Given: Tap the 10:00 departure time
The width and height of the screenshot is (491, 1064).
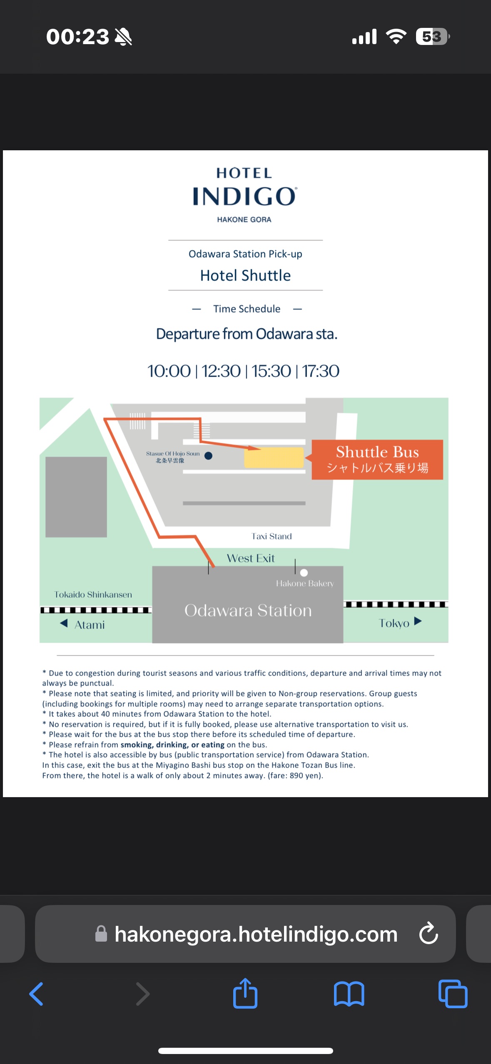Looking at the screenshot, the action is click(x=169, y=371).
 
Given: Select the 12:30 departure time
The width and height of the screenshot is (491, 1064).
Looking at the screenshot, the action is click(x=221, y=371).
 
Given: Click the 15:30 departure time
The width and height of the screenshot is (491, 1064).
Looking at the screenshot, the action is click(x=271, y=371).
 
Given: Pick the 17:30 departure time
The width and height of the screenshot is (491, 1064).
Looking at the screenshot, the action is click(x=320, y=371).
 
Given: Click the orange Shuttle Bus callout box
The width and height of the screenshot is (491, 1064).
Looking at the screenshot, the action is click(x=377, y=460).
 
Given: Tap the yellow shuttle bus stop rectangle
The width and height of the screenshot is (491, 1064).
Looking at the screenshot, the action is click(x=274, y=457).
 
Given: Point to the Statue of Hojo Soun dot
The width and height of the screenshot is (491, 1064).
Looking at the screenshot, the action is click(x=209, y=456).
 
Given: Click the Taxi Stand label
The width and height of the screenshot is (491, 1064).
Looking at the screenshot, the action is click(x=272, y=536).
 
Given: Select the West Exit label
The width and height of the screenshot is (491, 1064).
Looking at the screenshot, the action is click(x=251, y=558).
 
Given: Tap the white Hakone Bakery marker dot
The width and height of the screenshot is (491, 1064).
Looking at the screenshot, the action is click(x=304, y=573).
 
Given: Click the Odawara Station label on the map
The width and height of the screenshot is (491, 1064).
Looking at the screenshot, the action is click(x=248, y=610).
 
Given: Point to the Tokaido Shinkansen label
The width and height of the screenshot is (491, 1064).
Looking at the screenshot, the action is click(x=93, y=594).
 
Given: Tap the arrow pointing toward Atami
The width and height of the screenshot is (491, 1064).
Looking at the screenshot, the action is click(x=64, y=623).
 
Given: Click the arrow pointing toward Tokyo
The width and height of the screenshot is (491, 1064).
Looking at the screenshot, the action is click(x=418, y=621).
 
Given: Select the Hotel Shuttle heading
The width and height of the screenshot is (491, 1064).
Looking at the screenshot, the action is click(x=245, y=276).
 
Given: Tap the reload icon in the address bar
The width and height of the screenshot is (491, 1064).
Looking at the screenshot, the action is click(x=429, y=933).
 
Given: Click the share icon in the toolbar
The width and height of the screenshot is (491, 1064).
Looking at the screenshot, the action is click(x=245, y=993).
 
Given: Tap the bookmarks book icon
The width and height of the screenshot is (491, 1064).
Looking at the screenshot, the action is click(x=349, y=994).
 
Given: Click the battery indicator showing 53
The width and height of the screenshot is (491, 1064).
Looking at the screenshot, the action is click(x=433, y=37).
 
